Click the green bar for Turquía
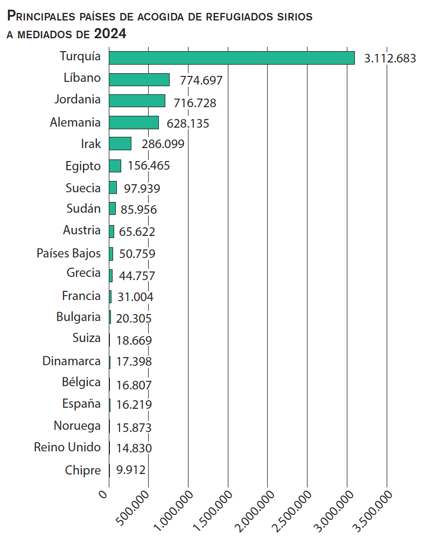pos(232,58)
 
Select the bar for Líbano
pos(139,80)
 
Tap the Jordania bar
pos(137,101)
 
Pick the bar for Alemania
pos(134,123)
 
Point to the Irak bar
pos(120,144)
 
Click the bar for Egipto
pos(115,166)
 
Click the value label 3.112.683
pos(390,59)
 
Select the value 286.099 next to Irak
pos(163,144)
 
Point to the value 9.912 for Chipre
pos(131,470)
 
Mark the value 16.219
pos(134,405)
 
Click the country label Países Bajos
pos(68,253)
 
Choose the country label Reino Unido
pos(67,448)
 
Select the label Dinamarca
pos(72,361)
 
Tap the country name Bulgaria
pos(79,317)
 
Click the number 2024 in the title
pos(110,34)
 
